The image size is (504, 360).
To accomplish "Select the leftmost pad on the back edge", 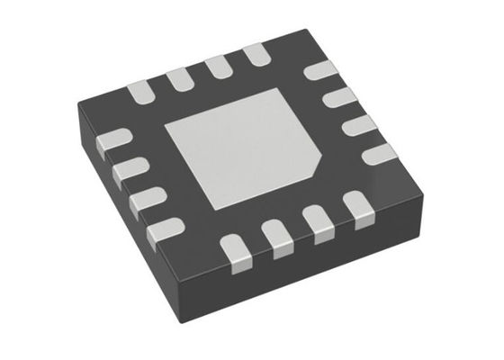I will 139,90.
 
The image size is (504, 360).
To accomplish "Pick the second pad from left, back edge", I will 179,77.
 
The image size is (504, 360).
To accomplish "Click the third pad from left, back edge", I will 219,67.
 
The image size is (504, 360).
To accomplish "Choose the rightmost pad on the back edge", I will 256,56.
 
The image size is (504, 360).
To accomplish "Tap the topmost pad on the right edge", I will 319,71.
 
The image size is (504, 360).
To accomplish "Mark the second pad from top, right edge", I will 339,97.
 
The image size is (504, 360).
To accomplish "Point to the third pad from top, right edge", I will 359,124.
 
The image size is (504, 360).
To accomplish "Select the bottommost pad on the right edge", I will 380,152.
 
